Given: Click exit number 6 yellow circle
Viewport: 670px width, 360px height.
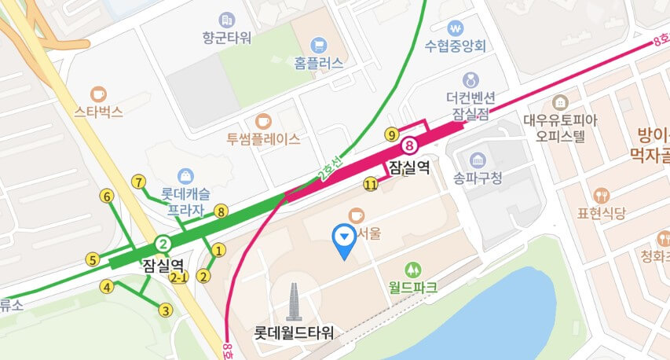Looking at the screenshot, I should point(107,196).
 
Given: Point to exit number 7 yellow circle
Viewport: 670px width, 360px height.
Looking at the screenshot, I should point(139,182).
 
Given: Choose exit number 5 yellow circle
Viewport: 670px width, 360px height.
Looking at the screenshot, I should point(93,259).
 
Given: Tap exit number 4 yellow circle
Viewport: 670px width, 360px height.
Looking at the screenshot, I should point(107,287).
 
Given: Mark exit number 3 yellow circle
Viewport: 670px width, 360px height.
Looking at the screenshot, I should point(165,310).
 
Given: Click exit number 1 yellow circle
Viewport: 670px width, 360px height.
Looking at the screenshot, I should point(219,250).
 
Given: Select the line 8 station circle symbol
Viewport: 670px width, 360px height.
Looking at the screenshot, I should point(408,145).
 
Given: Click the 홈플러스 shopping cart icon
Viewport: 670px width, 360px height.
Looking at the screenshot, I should point(319,45).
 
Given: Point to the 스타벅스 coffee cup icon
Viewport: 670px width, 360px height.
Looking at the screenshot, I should point(98,94).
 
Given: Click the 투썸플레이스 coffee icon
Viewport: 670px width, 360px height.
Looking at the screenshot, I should point(263,121).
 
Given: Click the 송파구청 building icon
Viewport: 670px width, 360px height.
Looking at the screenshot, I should point(476,160).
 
